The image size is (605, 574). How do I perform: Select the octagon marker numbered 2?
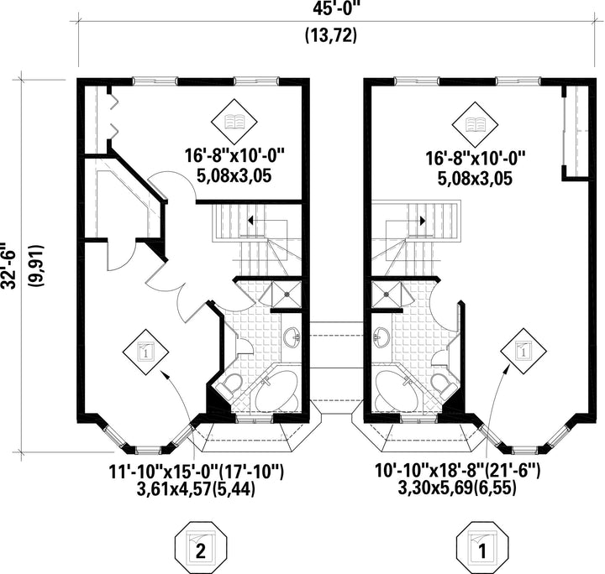point(198,550)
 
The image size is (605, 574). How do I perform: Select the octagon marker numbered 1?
point(481,550)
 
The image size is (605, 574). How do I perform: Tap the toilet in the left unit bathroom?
point(228,385)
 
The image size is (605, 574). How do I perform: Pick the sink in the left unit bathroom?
point(292,338)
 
